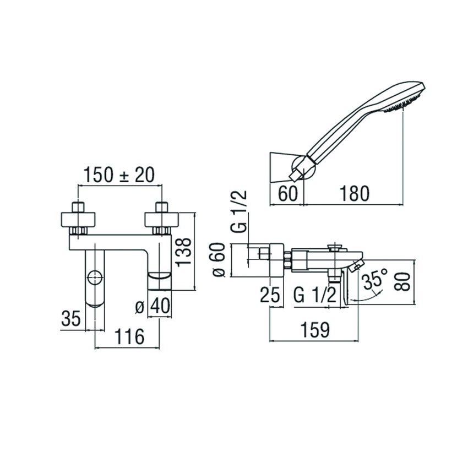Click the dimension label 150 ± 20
pyautogui.click(x=118, y=176)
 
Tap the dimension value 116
pyautogui.click(x=129, y=335)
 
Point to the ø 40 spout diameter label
pyautogui.click(x=152, y=306)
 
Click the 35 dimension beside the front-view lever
pyautogui.click(x=70, y=318)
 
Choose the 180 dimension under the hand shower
pyautogui.click(x=353, y=193)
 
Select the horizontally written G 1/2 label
pyautogui.click(x=314, y=295)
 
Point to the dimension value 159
pyautogui.click(x=314, y=330)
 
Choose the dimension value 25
pyautogui.click(x=272, y=295)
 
